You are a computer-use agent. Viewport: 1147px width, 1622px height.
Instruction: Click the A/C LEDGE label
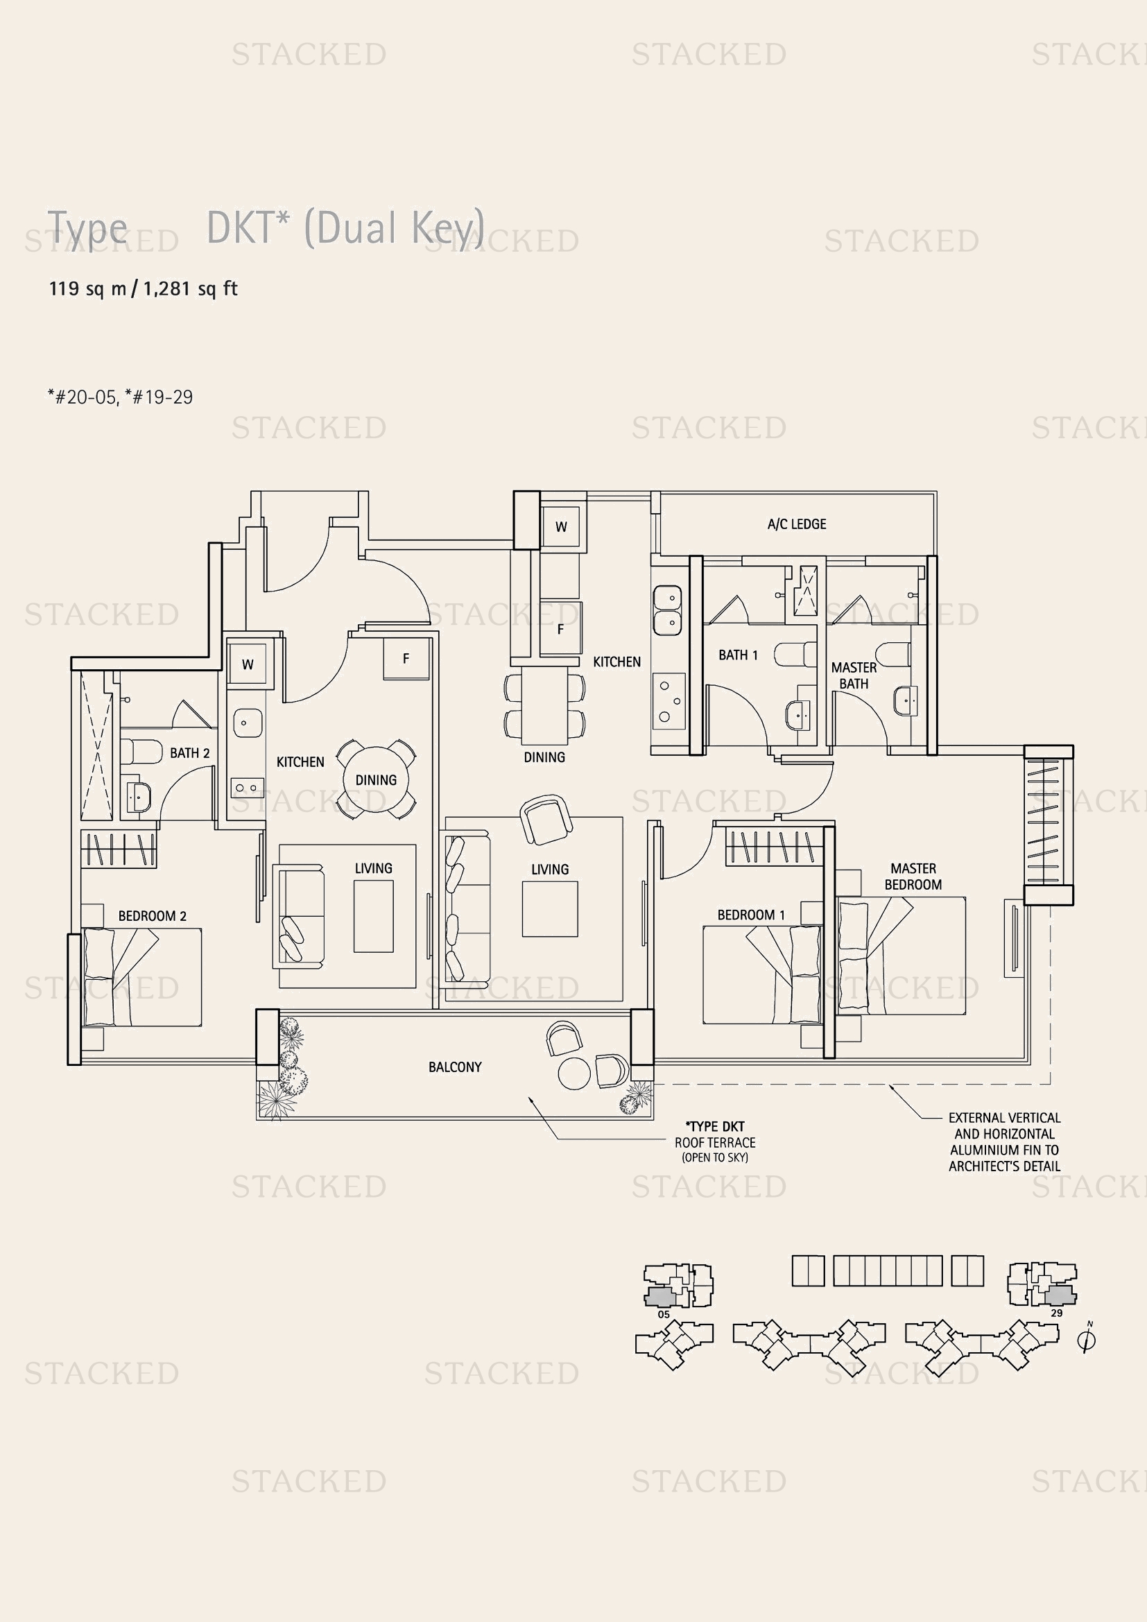tap(796, 524)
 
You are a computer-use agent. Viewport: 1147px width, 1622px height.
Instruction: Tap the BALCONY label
tap(455, 1067)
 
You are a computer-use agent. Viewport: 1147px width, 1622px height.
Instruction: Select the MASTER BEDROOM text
tap(913, 876)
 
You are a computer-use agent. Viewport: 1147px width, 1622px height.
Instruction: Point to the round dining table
tap(376, 780)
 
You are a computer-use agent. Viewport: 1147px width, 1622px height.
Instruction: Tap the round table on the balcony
tap(573, 1073)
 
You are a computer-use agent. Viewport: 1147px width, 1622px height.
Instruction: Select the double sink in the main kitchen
tap(666, 610)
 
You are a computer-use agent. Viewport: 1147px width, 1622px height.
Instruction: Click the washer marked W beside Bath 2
tap(247, 664)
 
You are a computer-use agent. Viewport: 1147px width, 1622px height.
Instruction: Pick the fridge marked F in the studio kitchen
tap(406, 658)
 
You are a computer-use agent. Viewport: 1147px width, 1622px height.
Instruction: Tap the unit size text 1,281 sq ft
tap(191, 288)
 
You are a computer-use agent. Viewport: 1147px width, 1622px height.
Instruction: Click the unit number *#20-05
tap(81, 397)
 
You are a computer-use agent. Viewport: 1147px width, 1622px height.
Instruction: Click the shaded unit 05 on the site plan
tap(659, 1297)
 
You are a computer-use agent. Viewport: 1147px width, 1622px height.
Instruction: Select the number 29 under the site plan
tap(1057, 1313)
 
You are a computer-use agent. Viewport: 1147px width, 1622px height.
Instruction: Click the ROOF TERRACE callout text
tap(715, 1142)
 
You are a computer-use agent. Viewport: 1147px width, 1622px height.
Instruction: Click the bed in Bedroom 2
tap(141, 977)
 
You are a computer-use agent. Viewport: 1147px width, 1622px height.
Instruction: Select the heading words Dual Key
tap(394, 227)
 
